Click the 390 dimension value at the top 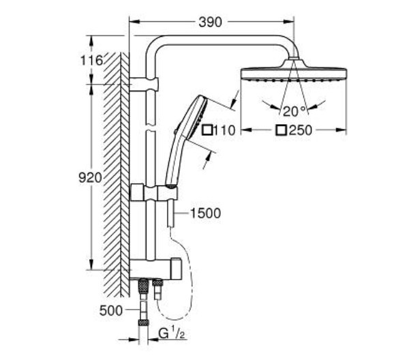[x=210, y=22]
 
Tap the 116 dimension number [x=91, y=61]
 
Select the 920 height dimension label [x=90, y=178]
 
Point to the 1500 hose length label [x=205, y=213]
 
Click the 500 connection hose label [x=111, y=310]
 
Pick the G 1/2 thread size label [x=172, y=333]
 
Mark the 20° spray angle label [x=294, y=111]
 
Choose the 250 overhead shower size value [x=301, y=130]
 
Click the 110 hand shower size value [x=224, y=130]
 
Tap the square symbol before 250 [x=281, y=130]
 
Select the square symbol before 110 [x=207, y=130]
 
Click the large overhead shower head [x=294, y=70]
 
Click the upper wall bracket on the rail [x=144, y=85]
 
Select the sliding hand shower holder [x=154, y=193]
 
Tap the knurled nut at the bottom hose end [x=143, y=322]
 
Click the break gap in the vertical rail [x=151, y=127]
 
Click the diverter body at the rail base [x=155, y=269]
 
